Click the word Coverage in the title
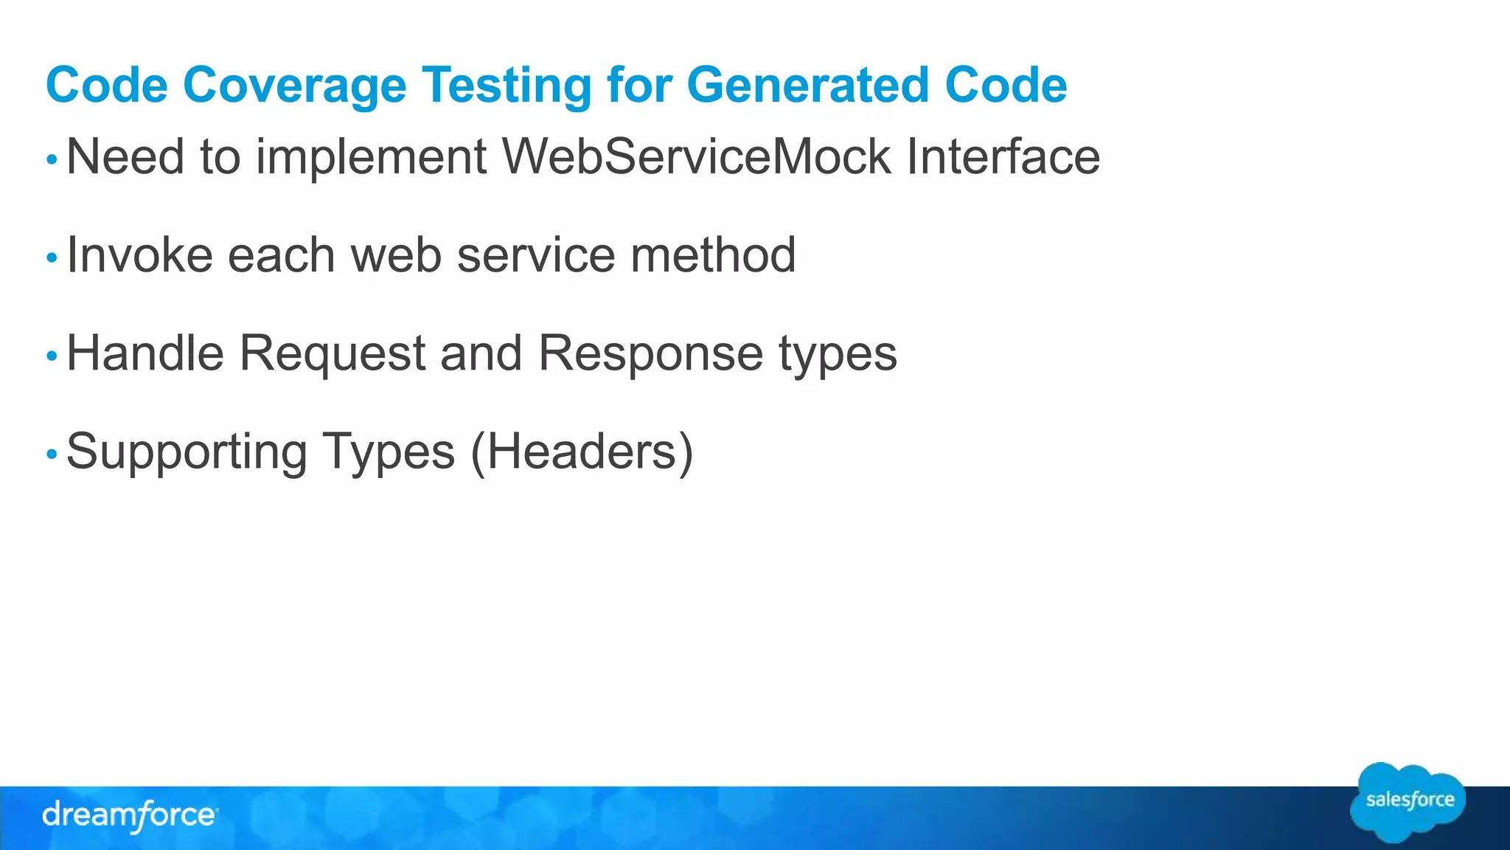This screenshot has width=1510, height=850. [x=294, y=86]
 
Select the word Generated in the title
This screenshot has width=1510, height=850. [x=807, y=86]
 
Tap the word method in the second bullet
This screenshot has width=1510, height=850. [x=713, y=255]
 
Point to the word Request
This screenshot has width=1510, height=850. [x=333, y=354]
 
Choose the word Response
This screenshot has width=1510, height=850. [x=650, y=354]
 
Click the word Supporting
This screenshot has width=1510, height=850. [x=187, y=452]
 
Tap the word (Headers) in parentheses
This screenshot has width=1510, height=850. [x=582, y=452]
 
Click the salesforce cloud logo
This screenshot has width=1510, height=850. [x=1408, y=802]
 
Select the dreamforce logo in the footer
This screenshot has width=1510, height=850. [x=130, y=815]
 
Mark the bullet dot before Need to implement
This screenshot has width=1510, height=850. [x=52, y=159]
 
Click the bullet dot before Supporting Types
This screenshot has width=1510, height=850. [x=52, y=454]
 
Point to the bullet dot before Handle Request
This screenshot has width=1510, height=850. [x=52, y=356]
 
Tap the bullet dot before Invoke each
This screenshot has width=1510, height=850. [x=52, y=258]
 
